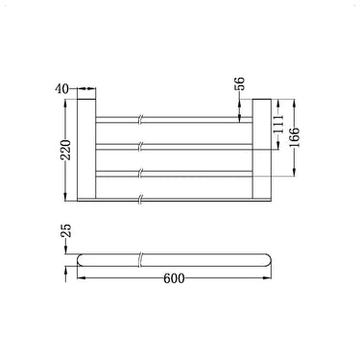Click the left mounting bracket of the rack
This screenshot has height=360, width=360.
[x=84, y=149]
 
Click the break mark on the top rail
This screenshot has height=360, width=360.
[x=142, y=120]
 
